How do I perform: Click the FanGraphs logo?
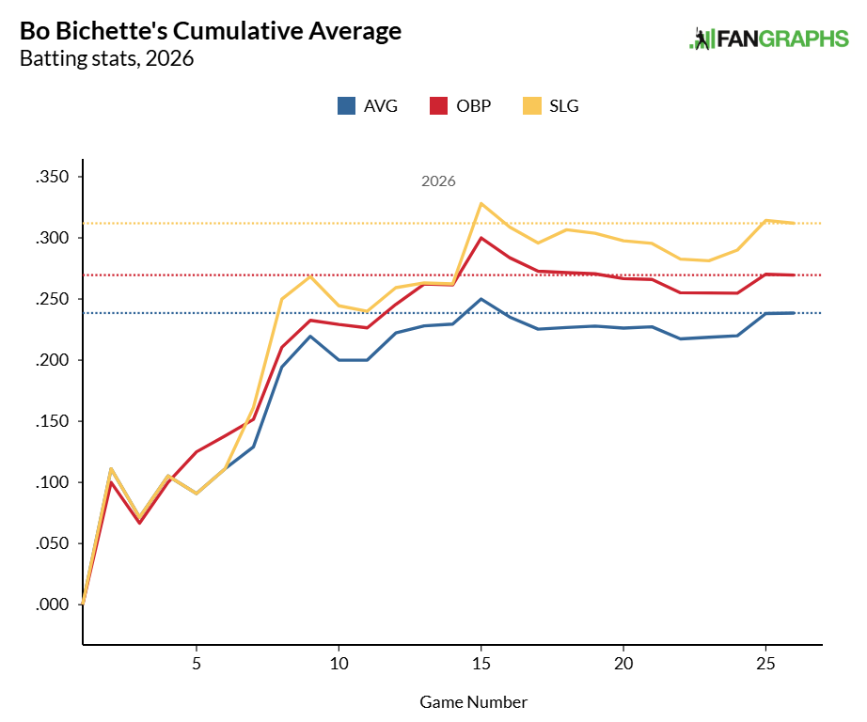point(769,39)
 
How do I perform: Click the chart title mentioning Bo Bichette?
point(211,31)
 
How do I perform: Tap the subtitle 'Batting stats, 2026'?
point(106,59)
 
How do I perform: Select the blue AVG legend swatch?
point(346,105)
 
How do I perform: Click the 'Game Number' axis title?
point(473,702)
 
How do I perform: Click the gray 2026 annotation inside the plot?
point(438,181)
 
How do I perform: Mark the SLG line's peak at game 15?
point(481,203)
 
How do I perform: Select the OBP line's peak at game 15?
point(481,238)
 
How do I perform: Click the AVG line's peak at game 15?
point(481,299)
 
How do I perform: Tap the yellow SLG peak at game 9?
point(310,276)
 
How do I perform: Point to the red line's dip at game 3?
point(139,523)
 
